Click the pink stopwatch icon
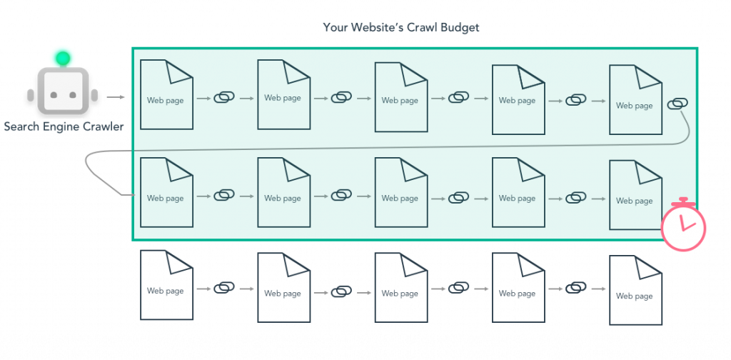coord(683,225)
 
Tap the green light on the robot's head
coord(63,59)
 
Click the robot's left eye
coord(54,95)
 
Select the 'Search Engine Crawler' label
coord(64,126)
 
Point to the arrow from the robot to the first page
coord(116,97)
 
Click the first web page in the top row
coord(166,95)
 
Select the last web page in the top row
coord(635,100)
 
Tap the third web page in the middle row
coord(401,193)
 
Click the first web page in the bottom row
coord(166,286)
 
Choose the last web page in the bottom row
coord(635,290)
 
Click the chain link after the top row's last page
coord(677,104)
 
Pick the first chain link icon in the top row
coord(224,98)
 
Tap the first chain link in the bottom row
coord(224,289)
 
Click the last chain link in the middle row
coord(576,198)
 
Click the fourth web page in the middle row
coord(518,193)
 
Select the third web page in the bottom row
coord(401,288)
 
